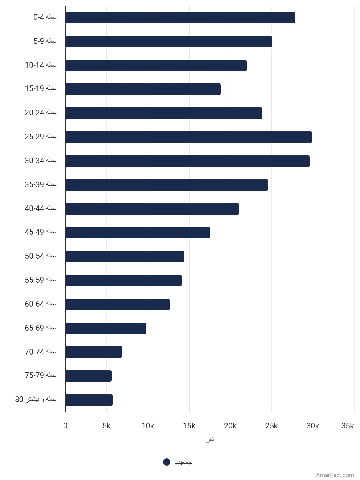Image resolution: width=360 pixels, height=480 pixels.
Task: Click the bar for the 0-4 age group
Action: click(x=180, y=18)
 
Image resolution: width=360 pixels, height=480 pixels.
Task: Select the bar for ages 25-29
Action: click(x=189, y=137)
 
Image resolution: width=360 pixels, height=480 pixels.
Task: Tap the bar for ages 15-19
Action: click(x=143, y=89)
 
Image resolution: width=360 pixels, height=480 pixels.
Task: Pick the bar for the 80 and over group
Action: click(x=89, y=400)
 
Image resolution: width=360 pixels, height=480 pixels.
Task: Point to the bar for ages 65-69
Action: click(x=106, y=328)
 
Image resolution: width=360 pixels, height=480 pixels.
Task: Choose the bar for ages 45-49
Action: click(x=138, y=232)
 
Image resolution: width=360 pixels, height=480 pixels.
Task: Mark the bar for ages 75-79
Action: click(x=88, y=376)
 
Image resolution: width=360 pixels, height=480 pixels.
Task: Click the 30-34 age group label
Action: click(x=41, y=160)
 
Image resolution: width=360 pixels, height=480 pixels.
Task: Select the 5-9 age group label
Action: click(x=45, y=41)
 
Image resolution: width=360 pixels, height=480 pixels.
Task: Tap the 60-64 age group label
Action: click(x=41, y=304)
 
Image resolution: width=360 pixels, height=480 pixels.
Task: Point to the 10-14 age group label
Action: click(x=41, y=65)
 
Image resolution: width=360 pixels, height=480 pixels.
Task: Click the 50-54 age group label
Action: click(x=41, y=256)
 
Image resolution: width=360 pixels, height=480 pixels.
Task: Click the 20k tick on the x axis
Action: click(x=230, y=426)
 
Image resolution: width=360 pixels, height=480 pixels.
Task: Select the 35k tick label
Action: click(x=347, y=426)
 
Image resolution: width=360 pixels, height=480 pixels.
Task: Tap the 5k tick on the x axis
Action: click(x=107, y=426)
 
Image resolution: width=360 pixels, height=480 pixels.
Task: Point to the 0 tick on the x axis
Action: click(x=65, y=426)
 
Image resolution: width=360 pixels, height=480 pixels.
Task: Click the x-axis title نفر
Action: click(x=210, y=439)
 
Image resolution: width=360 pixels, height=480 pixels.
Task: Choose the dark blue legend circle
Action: click(x=167, y=462)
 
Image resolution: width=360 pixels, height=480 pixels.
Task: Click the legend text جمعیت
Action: click(x=183, y=462)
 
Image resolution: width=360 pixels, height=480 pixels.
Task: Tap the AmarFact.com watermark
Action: click(x=335, y=475)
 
